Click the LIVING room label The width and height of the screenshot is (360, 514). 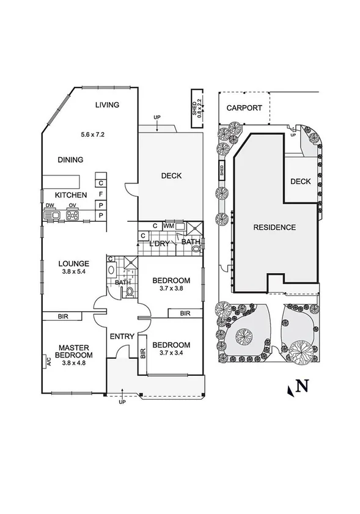pyautogui.click(x=107, y=105)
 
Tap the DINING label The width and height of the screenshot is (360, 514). pyautogui.click(x=70, y=160)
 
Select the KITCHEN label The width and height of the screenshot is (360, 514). pyautogui.click(x=72, y=195)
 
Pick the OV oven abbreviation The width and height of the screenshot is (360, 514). pyautogui.click(x=72, y=206)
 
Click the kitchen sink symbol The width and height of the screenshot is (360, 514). pyautogui.click(x=51, y=215)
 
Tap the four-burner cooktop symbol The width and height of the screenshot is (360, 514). pyautogui.click(x=73, y=215)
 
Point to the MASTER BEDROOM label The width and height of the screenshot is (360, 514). pyautogui.click(x=73, y=351)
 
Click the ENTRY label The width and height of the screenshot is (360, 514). pyautogui.click(x=122, y=336)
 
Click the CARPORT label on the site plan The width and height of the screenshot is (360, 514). pyautogui.click(x=244, y=108)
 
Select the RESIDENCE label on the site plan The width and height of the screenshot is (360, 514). pyautogui.click(x=274, y=227)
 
